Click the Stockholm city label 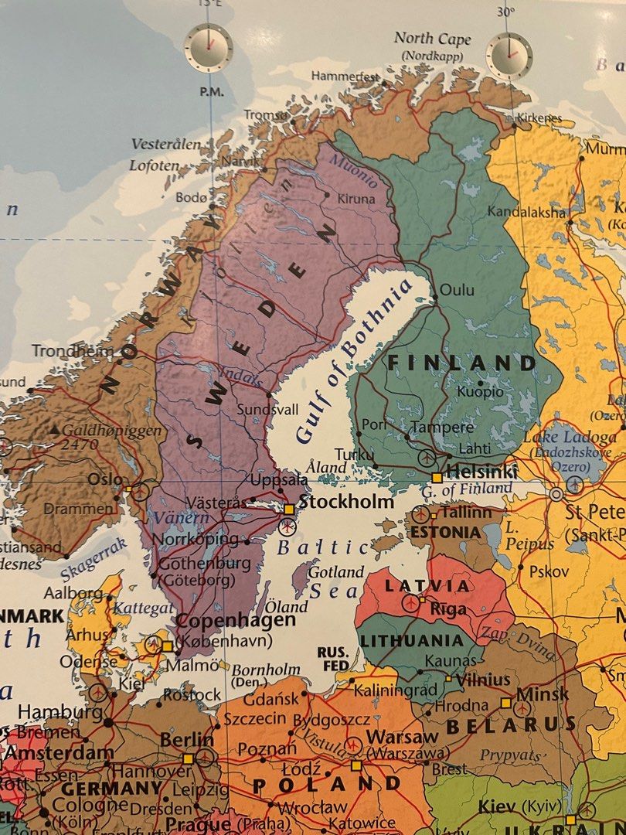tap(345, 502)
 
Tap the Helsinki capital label tap(481, 472)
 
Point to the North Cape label tap(432, 39)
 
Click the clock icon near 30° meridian tap(509, 56)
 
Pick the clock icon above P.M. tap(208, 48)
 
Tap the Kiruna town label tap(356, 199)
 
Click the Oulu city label tap(457, 291)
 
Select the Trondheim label tap(72, 351)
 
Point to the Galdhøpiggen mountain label tap(112, 431)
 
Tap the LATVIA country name tap(427, 585)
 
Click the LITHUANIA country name tap(411, 641)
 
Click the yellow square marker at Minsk tap(505, 703)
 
